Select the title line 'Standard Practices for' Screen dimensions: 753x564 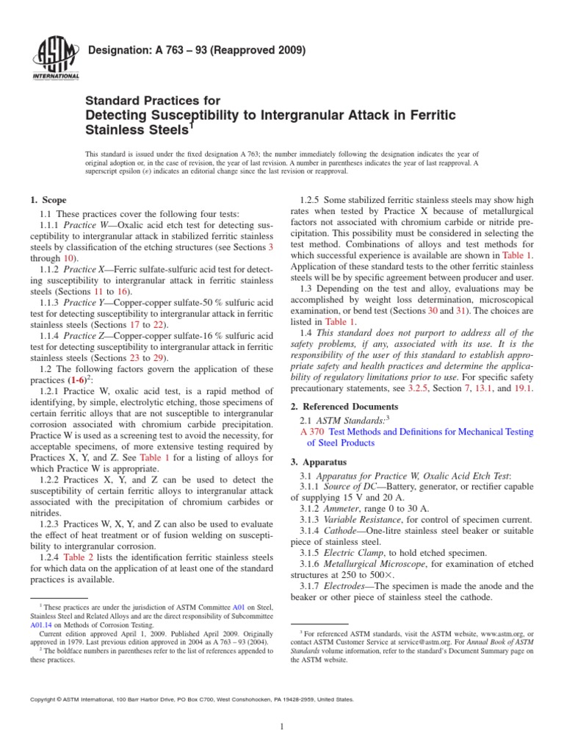[x=153, y=101]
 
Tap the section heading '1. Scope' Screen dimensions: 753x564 [x=48, y=200]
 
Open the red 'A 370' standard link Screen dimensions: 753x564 [x=312, y=432]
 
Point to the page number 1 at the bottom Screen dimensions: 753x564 [x=282, y=727]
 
